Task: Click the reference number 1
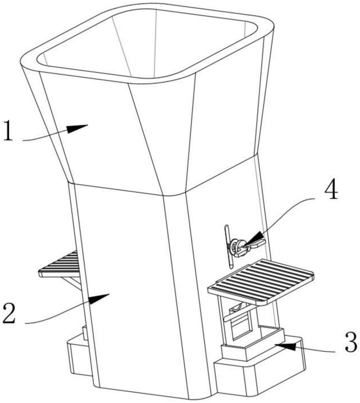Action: click(8, 131)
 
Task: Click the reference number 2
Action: click(9, 313)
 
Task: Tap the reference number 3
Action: click(351, 342)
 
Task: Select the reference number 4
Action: click(331, 191)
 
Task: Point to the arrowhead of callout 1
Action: click(77, 128)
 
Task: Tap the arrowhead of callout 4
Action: click(254, 238)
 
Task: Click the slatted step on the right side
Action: click(261, 282)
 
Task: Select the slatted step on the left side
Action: click(60, 265)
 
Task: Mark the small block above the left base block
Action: click(85, 333)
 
